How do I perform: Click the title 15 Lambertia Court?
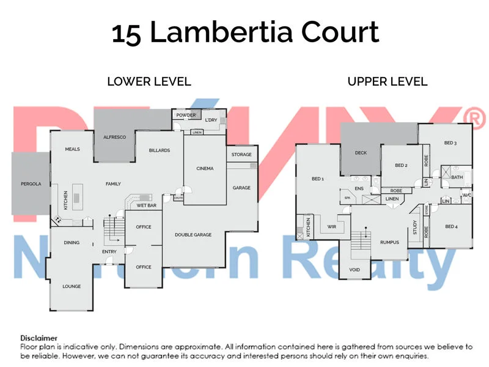[x=244, y=32]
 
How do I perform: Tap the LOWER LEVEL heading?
[x=149, y=81]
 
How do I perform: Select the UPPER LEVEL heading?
[x=388, y=81]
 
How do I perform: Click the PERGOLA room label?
[x=31, y=183]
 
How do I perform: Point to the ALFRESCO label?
[x=114, y=137]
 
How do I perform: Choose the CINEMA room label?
[x=205, y=168]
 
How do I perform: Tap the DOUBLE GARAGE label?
[x=193, y=235]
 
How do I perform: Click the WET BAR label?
[x=147, y=206]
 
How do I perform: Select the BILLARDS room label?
[x=160, y=150]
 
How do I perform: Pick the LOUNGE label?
[x=72, y=286]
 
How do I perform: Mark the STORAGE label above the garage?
[x=241, y=155]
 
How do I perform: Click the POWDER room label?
[x=186, y=115]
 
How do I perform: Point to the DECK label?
[x=361, y=153]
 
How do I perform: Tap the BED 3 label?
[x=450, y=143]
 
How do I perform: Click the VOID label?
[x=354, y=270]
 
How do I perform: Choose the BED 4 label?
[x=451, y=227]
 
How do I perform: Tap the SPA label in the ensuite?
[x=347, y=198]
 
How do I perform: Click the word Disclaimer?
[x=39, y=338]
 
